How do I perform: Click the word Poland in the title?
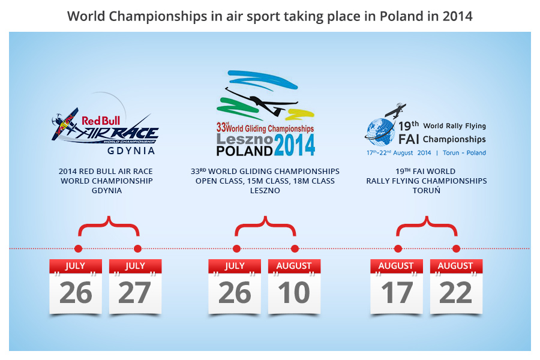click(401, 16)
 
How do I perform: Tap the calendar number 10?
click(294, 293)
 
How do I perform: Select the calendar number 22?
click(455, 293)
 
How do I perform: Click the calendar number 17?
click(397, 293)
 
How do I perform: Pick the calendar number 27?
click(134, 293)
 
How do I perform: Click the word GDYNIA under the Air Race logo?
click(131, 151)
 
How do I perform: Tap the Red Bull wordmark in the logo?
click(101, 121)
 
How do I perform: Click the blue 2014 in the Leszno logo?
click(295, 145)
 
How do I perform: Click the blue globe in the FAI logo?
click(380, 131)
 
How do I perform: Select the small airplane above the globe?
click(395, 110)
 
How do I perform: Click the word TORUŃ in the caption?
click(427, 191)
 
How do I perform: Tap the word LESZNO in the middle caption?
click(265, 191)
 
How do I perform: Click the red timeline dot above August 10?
click(295, 248)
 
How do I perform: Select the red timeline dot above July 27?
click(137, 248)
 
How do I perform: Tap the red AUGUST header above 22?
click(455, 266)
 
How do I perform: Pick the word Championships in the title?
click(158, 16)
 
